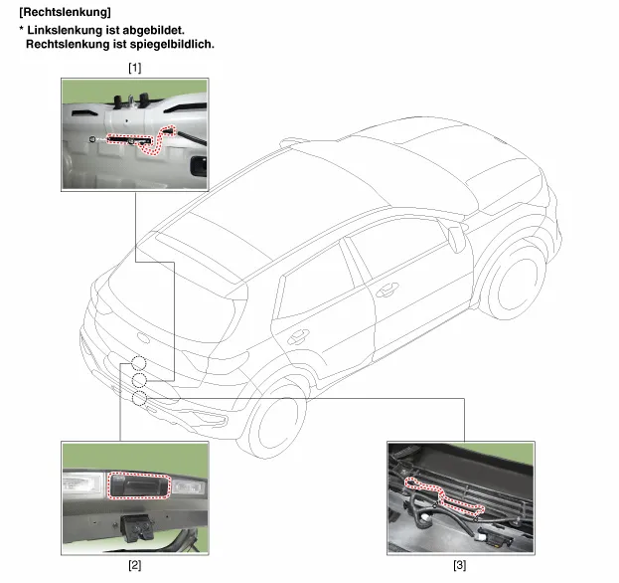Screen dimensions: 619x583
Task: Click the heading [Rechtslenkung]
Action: pyautogui.click(x=66, y=12)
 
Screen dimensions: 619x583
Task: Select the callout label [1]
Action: pyautogui.click(x=134, y=68)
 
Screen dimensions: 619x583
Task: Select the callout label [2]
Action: pyautogui.click(x=134, y=565)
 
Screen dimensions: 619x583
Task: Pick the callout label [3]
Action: pyautogui.click(x=459, y=565)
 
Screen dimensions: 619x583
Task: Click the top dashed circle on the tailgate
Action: pyautogui.click(x=138, y=363)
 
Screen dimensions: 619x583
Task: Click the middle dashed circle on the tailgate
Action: pyautogui.click(x=139, y=380)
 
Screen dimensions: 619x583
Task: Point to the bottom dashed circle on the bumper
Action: pyautogui.click(x=139, y=398)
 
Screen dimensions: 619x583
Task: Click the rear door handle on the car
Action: pyautogui.click(x=298, y=337)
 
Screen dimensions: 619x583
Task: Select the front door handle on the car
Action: pyautogui.click(x=387, y=290)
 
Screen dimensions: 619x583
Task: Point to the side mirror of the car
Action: pyautogui.click(x=456, y=237)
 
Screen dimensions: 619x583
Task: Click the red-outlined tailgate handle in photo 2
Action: pyautogui.click(x=139, y=486)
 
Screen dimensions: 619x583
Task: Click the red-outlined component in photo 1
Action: pyautogui.click(x=142, y=139)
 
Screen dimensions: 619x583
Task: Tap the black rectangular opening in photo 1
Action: pyautogui.click(x=198, y=166)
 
